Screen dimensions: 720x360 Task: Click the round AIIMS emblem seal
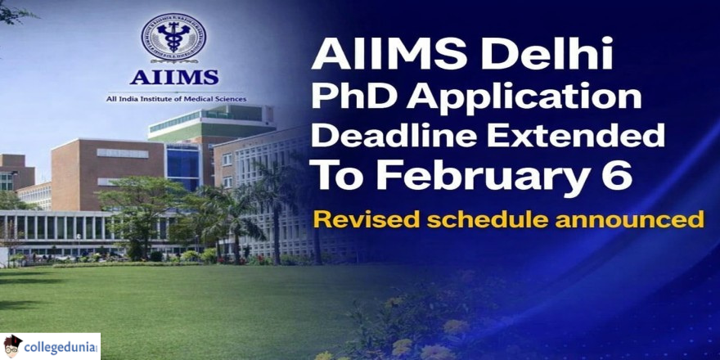coord(173,37)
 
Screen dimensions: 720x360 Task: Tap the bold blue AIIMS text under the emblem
coord(173,77)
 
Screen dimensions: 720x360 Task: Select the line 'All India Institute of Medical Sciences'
coord(176,99)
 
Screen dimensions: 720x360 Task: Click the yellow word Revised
coord(365,219)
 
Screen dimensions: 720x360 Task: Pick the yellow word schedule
coord(486,219)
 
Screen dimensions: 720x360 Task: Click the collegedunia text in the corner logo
coord(61,346)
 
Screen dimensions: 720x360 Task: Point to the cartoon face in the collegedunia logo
coord(12,346)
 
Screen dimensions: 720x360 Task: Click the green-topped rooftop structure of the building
coord(212,120)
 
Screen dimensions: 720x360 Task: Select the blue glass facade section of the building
coord(184,166)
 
